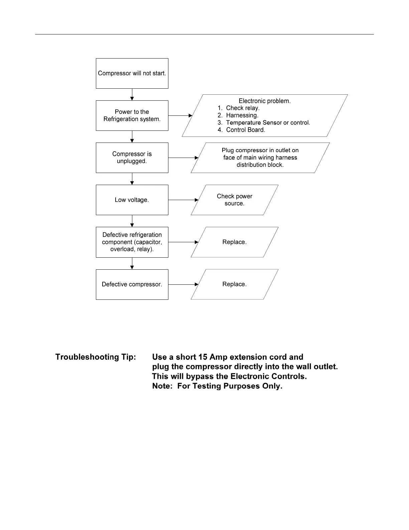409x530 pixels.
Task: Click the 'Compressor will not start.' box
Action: pos(132,73)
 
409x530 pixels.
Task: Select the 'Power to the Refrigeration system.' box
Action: pos(132,115)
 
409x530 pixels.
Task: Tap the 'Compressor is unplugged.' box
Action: pos(132,158)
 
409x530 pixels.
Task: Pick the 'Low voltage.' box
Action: pos(132,200)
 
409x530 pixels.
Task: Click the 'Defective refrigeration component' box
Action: pos(132,242)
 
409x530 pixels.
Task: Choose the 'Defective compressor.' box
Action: pos(132,284)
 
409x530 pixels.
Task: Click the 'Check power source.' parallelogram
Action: pos(234,200)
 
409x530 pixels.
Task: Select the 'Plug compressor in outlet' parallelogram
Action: pos(260,158)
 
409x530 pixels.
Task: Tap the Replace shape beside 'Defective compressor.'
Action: pos(234,284)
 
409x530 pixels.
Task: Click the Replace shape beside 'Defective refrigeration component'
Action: pos(234,242)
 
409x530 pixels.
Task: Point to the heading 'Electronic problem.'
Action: pos(265,101)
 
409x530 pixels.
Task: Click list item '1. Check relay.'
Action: pos(239,108)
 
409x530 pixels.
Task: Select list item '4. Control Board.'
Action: pos(241,130)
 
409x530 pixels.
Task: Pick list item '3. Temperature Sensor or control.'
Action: pos(264,123)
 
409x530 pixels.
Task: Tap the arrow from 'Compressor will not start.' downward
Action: pos(132,94)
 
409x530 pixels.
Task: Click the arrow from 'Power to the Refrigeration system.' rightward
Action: pos(180,115)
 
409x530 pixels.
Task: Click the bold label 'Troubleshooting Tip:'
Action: pos(96,357)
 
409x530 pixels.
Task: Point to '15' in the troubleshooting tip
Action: pos(202,357)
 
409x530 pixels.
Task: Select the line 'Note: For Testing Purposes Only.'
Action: pos(217,386)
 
